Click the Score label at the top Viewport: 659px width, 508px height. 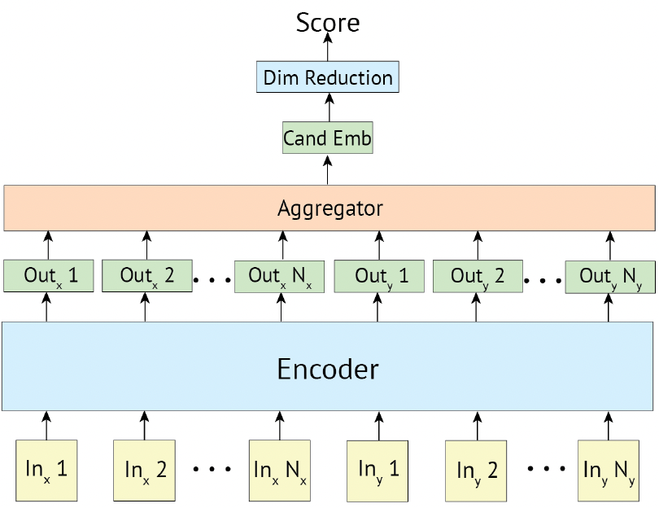(328, 22)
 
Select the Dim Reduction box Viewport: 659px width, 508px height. (328, 77)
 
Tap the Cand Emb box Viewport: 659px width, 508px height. (327, 138)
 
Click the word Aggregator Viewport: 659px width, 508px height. (330, 208)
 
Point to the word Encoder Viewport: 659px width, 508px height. (328, 369)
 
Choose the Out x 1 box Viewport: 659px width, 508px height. (48, 276)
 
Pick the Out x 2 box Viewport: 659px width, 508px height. (147, 276)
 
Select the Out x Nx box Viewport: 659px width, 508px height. (280, 277)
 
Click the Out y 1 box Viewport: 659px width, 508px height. (379, 276)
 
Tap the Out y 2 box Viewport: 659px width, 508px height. (478, 276)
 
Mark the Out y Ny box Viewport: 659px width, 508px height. (610, 277)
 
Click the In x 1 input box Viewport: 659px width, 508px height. (46, 471)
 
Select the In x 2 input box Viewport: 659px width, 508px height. (144, 471)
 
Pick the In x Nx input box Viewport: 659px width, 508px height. (280, 471)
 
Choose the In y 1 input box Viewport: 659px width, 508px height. (378, 471)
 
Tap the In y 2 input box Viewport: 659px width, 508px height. (476, 471)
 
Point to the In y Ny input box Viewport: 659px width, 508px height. (609, 471)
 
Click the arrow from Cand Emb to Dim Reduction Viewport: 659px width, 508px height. (329, 107)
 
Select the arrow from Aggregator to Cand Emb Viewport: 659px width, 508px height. (328, 169)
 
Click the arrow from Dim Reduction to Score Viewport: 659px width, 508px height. (328, 46)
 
